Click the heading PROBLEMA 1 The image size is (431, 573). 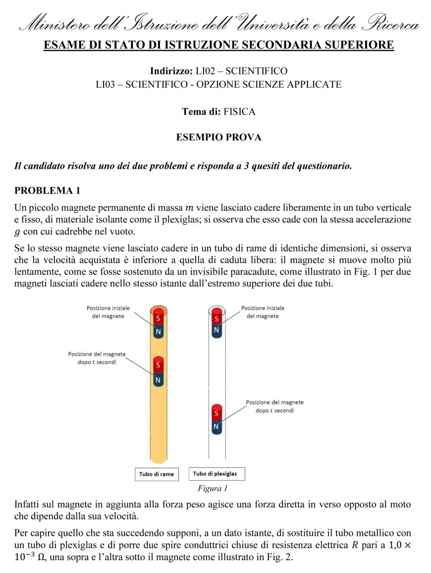(47, 190)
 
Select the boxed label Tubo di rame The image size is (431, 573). (157, 474)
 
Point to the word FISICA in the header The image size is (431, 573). (239, 112)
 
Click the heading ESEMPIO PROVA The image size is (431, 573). (218, 137)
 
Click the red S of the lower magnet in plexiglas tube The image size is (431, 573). (216, 413)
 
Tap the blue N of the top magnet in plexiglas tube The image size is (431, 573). (216, 329)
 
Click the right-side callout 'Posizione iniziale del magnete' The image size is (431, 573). (263, 312)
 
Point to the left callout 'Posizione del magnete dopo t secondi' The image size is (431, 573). (97, 358)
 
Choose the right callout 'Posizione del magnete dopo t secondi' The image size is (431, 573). (274, 406)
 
